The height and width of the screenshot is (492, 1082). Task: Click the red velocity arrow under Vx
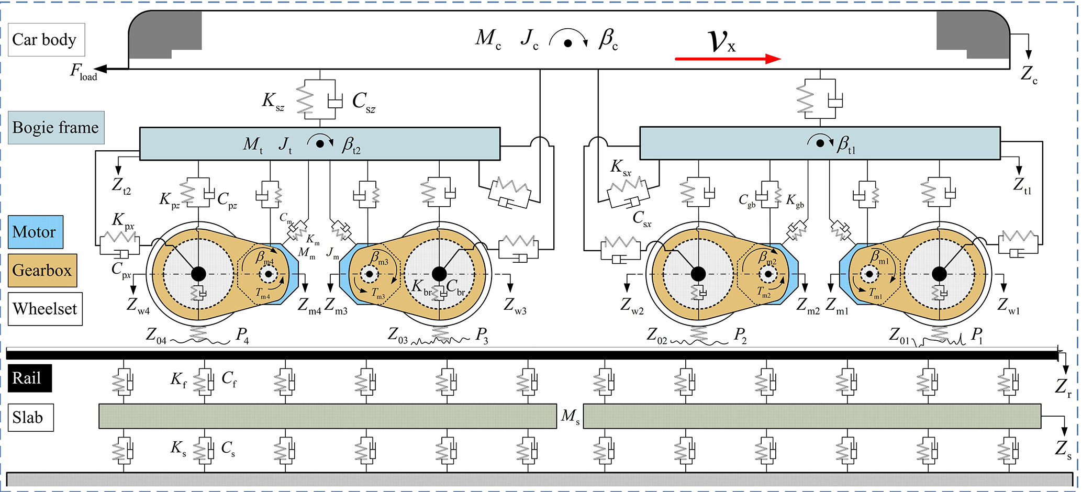(728, 59)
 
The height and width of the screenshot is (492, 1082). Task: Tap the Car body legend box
(46, 40)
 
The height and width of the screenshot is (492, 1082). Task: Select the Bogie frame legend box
(56, 128)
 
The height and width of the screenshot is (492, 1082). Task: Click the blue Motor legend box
(36, 232)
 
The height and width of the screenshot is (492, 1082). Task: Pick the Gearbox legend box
(42, 271)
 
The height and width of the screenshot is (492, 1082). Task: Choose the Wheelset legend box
(45, 309)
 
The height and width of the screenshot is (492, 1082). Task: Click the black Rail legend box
(29, 378)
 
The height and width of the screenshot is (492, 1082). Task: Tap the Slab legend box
(30, 418)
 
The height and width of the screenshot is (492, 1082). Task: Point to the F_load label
(83, 72)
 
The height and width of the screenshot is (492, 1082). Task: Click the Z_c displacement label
(1029, 75)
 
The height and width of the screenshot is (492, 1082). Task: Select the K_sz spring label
(273, 100)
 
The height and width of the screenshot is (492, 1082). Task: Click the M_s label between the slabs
(570, 417)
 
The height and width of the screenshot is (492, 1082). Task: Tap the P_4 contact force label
(242, 335)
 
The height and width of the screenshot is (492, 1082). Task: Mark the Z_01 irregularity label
(900, 336)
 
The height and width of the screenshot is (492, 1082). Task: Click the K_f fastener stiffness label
(179, 379)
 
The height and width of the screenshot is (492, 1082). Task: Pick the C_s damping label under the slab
(228, 449)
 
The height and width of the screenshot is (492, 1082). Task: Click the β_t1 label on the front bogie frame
(846, 144)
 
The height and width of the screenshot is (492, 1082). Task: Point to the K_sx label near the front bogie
(621, 167)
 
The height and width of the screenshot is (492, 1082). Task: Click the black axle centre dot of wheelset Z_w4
(198, 274)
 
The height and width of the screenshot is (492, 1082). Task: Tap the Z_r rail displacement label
(1063, 388)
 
